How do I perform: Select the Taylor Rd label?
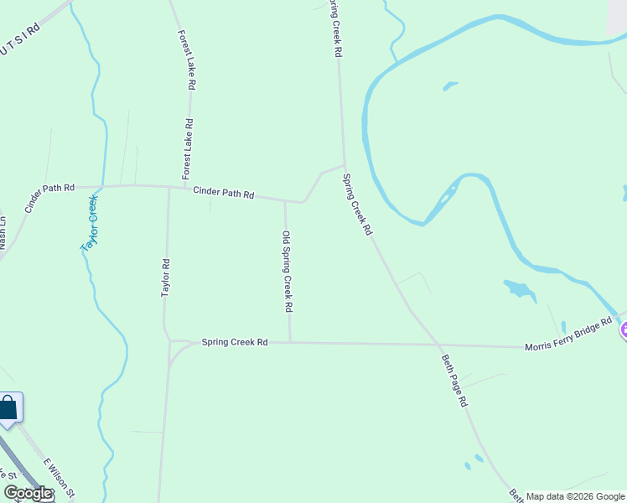click(166, 277)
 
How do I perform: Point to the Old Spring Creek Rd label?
click(287, 272)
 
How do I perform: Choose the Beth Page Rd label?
click(453, 380)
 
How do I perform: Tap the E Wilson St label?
click(60, 478)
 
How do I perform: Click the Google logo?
click(28, 493)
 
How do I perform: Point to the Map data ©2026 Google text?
click(575, 496)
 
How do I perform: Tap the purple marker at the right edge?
click(624, 330)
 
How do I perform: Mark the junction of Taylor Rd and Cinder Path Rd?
click(169, 187)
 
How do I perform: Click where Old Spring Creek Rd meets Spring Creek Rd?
click(290, 342)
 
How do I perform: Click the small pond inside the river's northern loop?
click(450, 85)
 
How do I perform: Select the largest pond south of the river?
click(520, 290)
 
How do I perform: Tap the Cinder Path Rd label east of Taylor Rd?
click(223, 194)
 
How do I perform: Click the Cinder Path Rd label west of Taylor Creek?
click(50, 199)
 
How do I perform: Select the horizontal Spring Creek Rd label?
click(234, 342)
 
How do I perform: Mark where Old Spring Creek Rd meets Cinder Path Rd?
click(285, 201)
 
